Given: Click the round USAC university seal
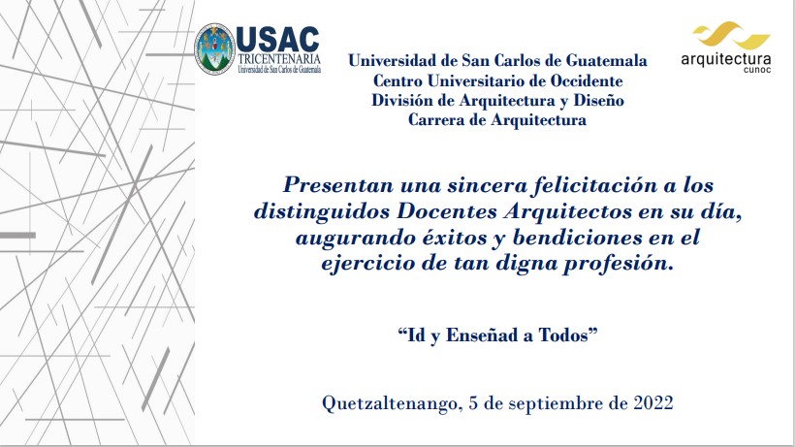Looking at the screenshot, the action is click(214, 48).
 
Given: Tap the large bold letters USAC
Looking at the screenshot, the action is click(277, 40).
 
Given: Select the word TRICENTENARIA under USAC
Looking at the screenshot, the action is click(279, 59).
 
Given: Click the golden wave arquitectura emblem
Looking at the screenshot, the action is click(732, 35).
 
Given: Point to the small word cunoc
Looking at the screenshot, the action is click(757, 70).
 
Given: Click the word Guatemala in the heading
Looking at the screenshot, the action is click(606, 60).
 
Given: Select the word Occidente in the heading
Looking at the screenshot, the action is click(587, 80).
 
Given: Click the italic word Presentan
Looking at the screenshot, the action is click(338, 184).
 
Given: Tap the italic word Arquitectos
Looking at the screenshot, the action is click(567, 211).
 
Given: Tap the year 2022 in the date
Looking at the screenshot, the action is click(653, 402).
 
